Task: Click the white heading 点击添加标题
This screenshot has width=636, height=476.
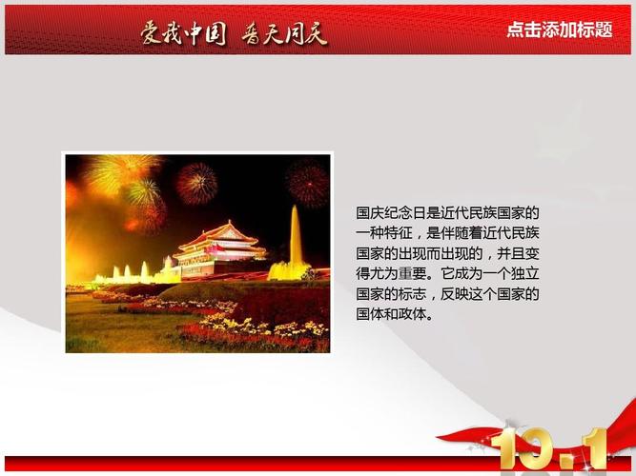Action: point(560,30)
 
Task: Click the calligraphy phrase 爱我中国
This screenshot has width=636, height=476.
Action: point(183,33)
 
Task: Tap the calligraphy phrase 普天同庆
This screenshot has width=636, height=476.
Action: point(284,33)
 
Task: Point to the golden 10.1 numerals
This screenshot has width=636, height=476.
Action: point(548,449)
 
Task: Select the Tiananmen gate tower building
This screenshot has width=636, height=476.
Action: point(219,251)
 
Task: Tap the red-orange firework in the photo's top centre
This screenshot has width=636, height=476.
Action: point(196,184)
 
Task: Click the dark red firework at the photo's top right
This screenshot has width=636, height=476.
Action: point(307,184)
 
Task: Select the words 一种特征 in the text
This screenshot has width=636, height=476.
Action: point(384,233)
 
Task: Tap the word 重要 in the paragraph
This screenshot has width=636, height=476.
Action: point(413,274)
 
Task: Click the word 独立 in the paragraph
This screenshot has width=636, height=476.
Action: point(524,274)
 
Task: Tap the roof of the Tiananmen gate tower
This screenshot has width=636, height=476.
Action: point(219,235)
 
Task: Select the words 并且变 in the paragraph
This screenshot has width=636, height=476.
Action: point(518,253)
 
